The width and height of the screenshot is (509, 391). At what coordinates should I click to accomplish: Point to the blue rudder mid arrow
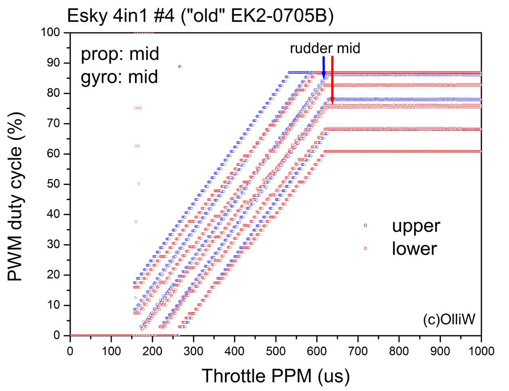coord(324,67)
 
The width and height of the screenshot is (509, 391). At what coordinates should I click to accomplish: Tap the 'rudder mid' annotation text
coord(325,48)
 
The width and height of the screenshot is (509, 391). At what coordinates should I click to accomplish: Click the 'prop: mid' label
coord(120,54)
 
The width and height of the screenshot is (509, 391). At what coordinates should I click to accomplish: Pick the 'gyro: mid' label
coord(119,77)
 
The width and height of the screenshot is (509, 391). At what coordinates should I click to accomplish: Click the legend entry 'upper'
coord(416,226)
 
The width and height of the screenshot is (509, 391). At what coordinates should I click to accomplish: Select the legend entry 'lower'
coord(414,249)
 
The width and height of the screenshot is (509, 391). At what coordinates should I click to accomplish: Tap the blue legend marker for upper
coord(366,225)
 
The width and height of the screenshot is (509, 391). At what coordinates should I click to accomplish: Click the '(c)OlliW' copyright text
coord(449,319)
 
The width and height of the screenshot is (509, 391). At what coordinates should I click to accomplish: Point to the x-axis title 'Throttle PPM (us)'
coord(275,376)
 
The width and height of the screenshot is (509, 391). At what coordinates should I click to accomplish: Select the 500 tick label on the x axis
coord(275,351)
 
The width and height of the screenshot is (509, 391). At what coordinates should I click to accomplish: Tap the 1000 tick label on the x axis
coord(480,351)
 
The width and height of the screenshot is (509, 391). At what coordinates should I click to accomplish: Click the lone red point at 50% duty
coord(138,184)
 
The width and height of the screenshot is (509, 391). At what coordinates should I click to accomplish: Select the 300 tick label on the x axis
coord(193,351)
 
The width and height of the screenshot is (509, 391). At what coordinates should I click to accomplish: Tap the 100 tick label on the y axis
coord(51,32)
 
